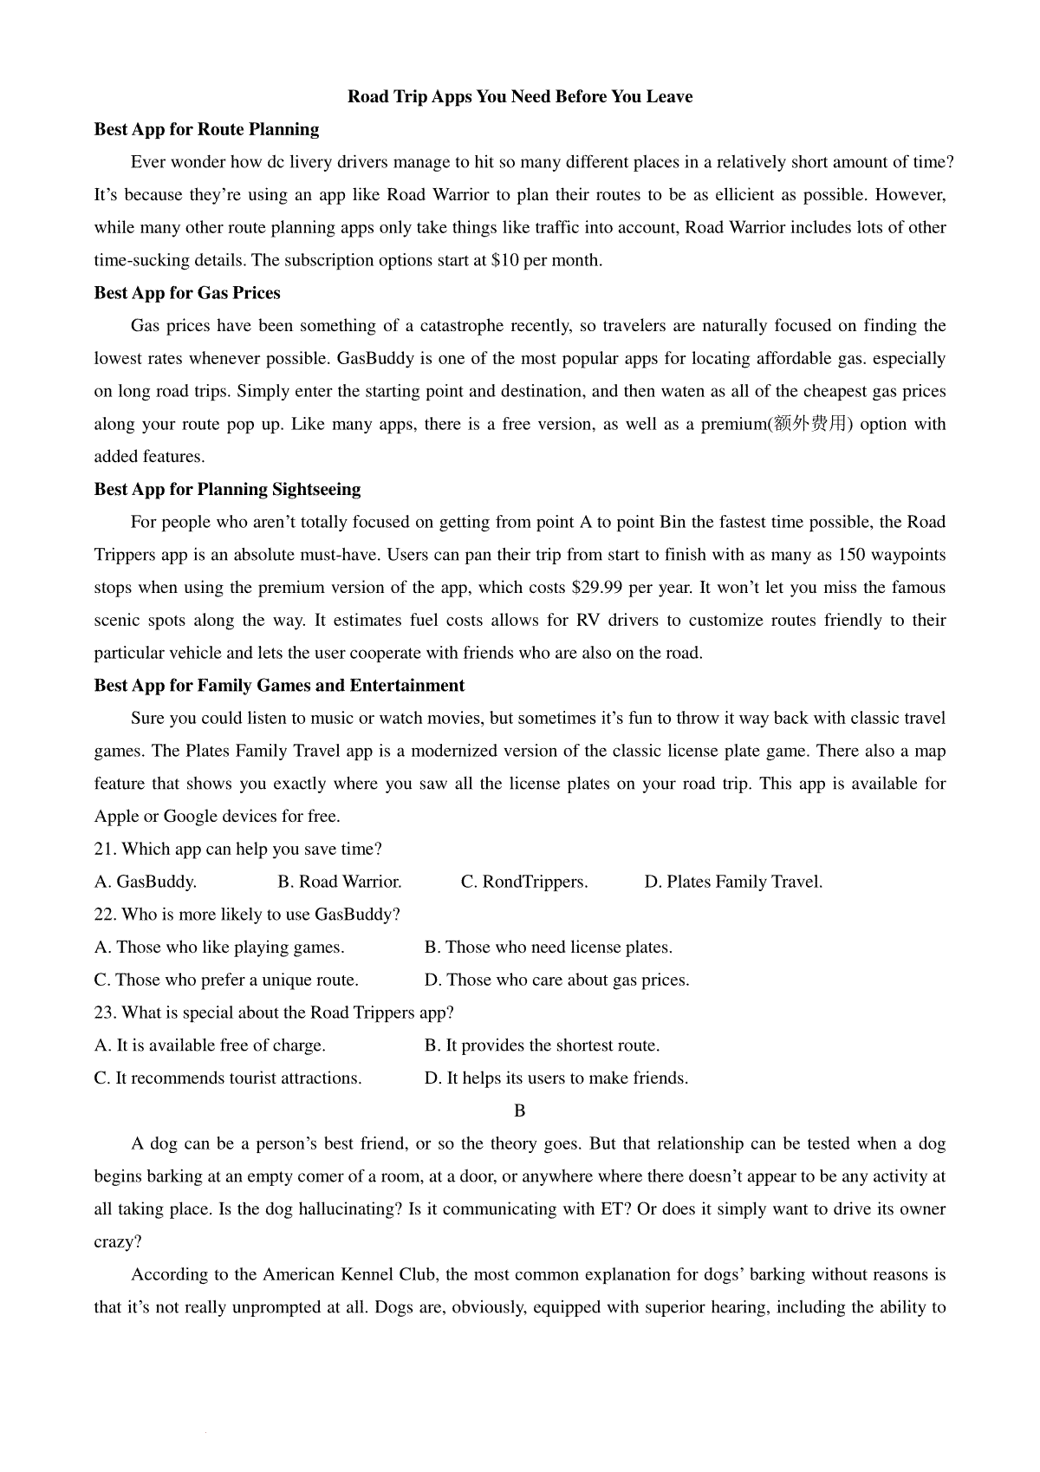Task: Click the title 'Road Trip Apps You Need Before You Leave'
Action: click(x=520, y=97)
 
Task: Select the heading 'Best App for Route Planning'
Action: click(x=206, y=130)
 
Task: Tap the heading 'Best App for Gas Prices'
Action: click(x=187, y=293)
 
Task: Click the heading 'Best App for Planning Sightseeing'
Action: click(x=227, y=490)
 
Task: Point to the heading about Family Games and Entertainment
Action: click(x=279, y=686)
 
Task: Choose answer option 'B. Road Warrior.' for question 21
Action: click(x=340, y=883)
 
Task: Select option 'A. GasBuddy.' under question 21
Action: click(x=146, y=883)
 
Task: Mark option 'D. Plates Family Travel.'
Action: click(x=733, y=883)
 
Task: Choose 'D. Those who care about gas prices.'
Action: click(x=556, y=980)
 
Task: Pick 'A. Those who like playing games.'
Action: click(x=219, y=948)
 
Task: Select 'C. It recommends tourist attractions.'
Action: click(x=228, y=1078)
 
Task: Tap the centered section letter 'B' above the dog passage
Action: click(x=520, y=1111)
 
